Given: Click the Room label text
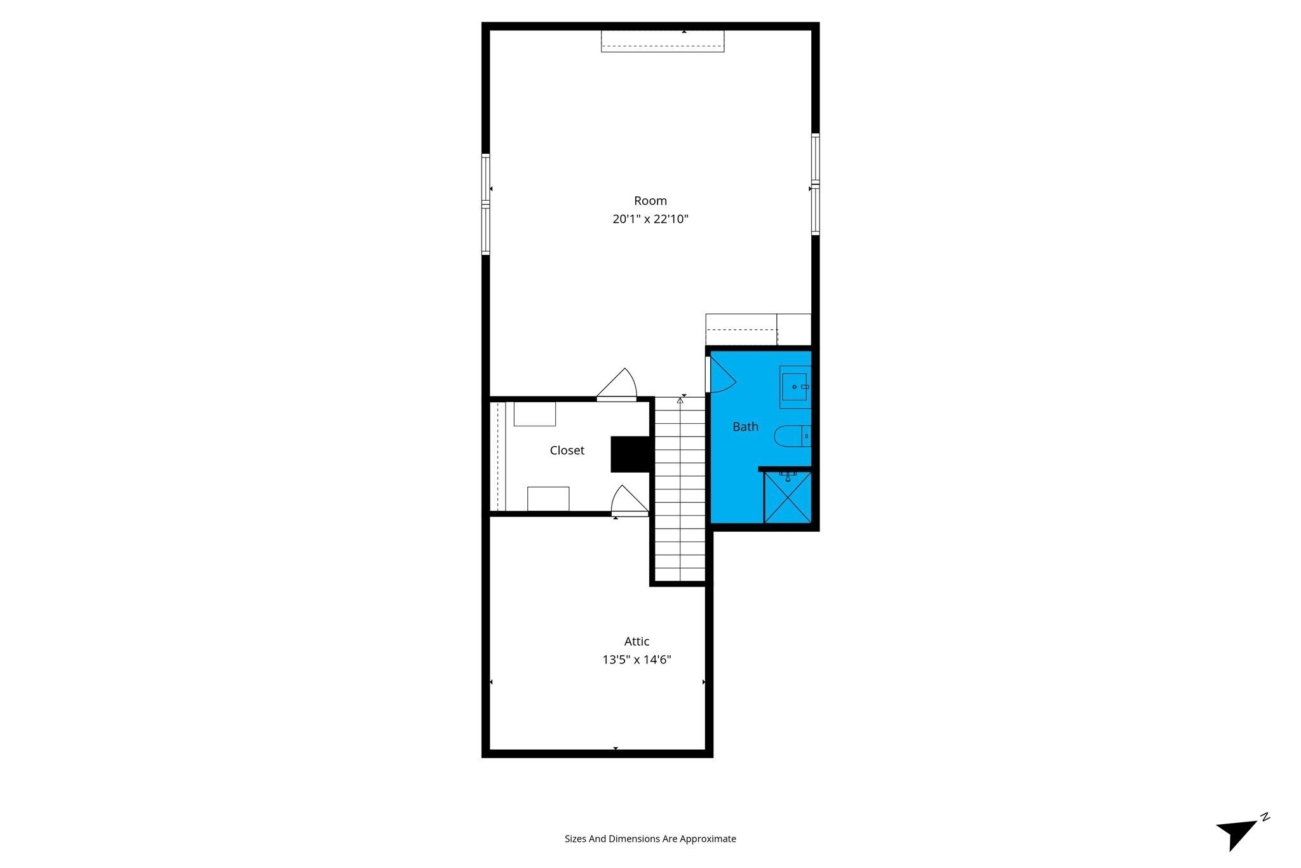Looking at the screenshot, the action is point(650,201).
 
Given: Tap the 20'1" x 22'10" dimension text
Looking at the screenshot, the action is point(650,219).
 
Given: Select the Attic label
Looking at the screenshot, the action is point(637,641).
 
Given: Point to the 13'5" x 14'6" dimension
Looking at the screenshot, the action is point(637,660).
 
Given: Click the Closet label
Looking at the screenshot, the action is point(567,451).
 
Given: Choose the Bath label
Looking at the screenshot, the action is point(745,426).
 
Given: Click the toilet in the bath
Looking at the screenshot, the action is point(792,437).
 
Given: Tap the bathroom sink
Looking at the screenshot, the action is point(795,386).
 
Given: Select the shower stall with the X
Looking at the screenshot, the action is point(788,498).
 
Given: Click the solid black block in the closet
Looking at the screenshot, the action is point(630,454).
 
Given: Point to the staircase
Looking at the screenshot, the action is point(680,489).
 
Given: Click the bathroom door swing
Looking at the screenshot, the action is point(722,374).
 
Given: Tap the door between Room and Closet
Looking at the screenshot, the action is point(617,384).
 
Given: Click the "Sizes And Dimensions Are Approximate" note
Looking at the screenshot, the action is point(650,839).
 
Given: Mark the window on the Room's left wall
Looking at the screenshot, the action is point(486,204).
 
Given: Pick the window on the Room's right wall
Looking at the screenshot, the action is point(816,184).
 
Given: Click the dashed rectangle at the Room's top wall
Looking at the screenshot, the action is point(663,41).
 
